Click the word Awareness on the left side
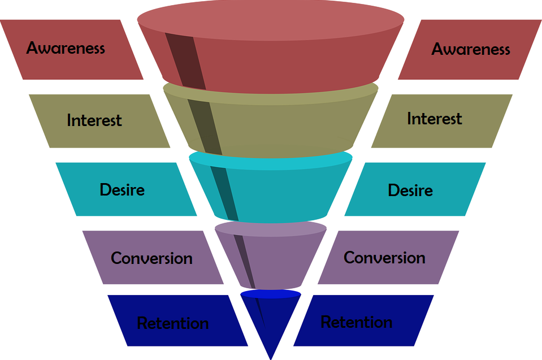66,47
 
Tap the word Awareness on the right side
471,49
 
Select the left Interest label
94,120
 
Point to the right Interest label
435,119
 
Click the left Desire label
122,189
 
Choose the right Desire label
410,190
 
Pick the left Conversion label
151,258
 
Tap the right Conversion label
384,258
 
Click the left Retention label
173,323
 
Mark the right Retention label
357,322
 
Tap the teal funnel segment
283,192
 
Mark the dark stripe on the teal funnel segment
226,192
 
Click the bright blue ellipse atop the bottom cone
271,294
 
